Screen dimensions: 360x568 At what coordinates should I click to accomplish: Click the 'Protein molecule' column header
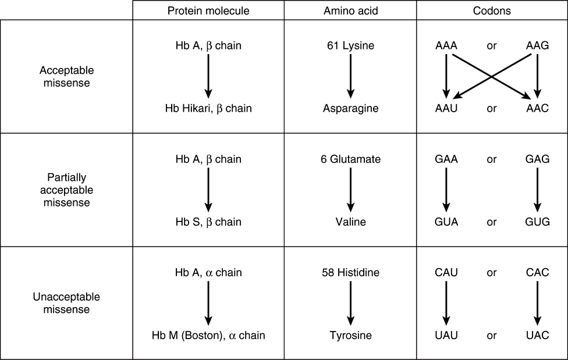(208, 10)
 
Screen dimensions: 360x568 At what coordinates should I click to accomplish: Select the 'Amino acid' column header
(350, 10)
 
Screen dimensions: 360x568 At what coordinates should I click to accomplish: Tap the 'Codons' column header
(491, 10)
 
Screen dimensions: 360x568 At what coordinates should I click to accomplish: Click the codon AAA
(446, 45)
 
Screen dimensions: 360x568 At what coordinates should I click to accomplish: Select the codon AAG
(537, 45)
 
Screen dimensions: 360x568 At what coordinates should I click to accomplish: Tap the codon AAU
(446, 108)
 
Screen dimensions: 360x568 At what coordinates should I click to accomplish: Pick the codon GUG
(537, 222)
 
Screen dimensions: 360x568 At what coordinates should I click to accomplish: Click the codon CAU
(446, 272)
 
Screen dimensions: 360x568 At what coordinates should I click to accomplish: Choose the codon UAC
(537, 335)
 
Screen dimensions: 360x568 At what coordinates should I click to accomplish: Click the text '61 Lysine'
(350, 45)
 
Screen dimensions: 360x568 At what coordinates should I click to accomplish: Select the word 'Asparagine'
(350, 108)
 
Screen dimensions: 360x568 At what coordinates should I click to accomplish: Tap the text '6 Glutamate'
(350, 159)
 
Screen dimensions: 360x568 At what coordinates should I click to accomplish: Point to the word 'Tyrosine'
(350, 335)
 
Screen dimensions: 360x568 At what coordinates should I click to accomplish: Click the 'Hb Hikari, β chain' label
(208, 108)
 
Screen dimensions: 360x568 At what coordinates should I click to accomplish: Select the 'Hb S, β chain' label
(208, 222)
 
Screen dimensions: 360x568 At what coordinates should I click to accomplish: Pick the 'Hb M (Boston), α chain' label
(208, 335)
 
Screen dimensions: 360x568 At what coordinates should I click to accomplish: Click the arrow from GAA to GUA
(446, 190)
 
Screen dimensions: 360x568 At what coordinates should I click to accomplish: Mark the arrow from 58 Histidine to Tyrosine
(350, 303)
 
